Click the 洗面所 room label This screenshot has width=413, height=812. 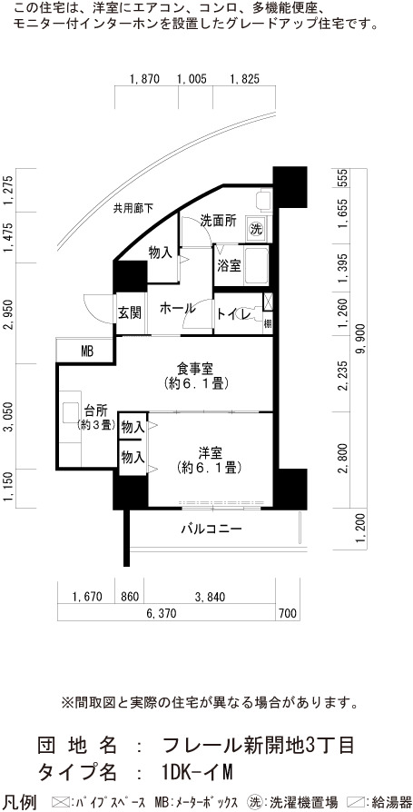(219, 221)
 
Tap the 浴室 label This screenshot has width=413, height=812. (229, 266)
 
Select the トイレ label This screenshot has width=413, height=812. (234, 314)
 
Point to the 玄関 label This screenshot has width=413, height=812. (130, 313)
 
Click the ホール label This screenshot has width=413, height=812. (177, 309)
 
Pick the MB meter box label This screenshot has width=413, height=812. (86, 352)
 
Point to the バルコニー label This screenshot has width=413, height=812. (211, 529)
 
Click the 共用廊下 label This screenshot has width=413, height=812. (134, 209)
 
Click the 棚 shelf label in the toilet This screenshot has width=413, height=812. (268, 324)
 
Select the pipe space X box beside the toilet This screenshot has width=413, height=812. (268, 302)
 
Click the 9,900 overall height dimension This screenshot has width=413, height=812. (362, 339)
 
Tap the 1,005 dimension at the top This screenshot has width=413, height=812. (192, 79)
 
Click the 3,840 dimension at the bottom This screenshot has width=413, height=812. (210, 597)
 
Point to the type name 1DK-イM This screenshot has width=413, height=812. (197, 773)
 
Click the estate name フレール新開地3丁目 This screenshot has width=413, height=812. (259, 746)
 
